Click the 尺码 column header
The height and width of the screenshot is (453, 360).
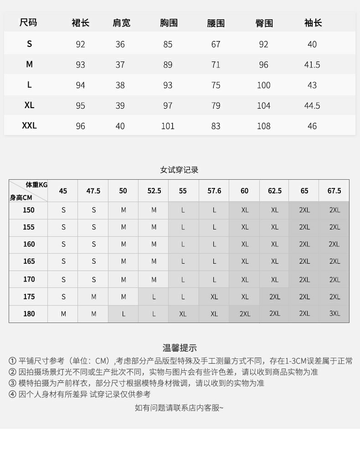(28, 22)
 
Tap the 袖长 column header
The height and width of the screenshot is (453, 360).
(313, 22)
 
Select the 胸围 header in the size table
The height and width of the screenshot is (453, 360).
(169, 22)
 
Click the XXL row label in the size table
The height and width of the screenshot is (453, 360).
(29, 125)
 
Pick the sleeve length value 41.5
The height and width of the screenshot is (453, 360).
(312, 65)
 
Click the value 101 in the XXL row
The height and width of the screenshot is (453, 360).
(168, 126)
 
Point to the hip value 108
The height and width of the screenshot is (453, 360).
(263, 126)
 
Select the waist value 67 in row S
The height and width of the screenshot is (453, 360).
(216, 44)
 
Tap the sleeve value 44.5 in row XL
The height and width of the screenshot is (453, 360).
(312, 105)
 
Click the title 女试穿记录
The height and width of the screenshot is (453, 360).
(179, 170)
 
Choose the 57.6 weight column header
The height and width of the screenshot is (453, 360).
(214, 191)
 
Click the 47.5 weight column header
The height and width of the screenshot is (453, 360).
(93, 191)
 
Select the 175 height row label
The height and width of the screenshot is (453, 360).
(29, 297)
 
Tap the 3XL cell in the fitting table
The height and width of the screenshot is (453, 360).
(334, 313)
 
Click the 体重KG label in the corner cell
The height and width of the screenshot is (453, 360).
(36, 185)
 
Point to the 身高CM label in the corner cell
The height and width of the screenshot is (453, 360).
(21, 198)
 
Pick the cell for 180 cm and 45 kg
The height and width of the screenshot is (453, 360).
(63, 314)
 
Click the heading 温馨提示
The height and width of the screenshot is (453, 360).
(180, 348)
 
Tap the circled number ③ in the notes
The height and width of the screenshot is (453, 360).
(12, 383)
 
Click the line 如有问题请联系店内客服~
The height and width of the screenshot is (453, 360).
(179, 407)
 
